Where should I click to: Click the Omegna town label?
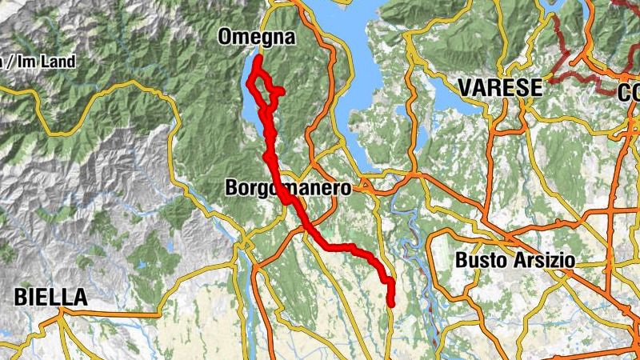[x=257, y=38]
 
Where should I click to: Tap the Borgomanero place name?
[x=289, y=190]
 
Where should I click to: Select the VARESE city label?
[x=499, y=88]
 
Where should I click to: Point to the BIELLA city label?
[x=50, y=298]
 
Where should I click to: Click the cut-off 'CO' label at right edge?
[x=629, y=92]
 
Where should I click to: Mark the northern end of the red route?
[x=260, y=57]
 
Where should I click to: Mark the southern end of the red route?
[x=391, y=304]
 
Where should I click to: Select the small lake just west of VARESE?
[x=442, y=96]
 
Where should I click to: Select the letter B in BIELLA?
[x=20, y=298]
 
